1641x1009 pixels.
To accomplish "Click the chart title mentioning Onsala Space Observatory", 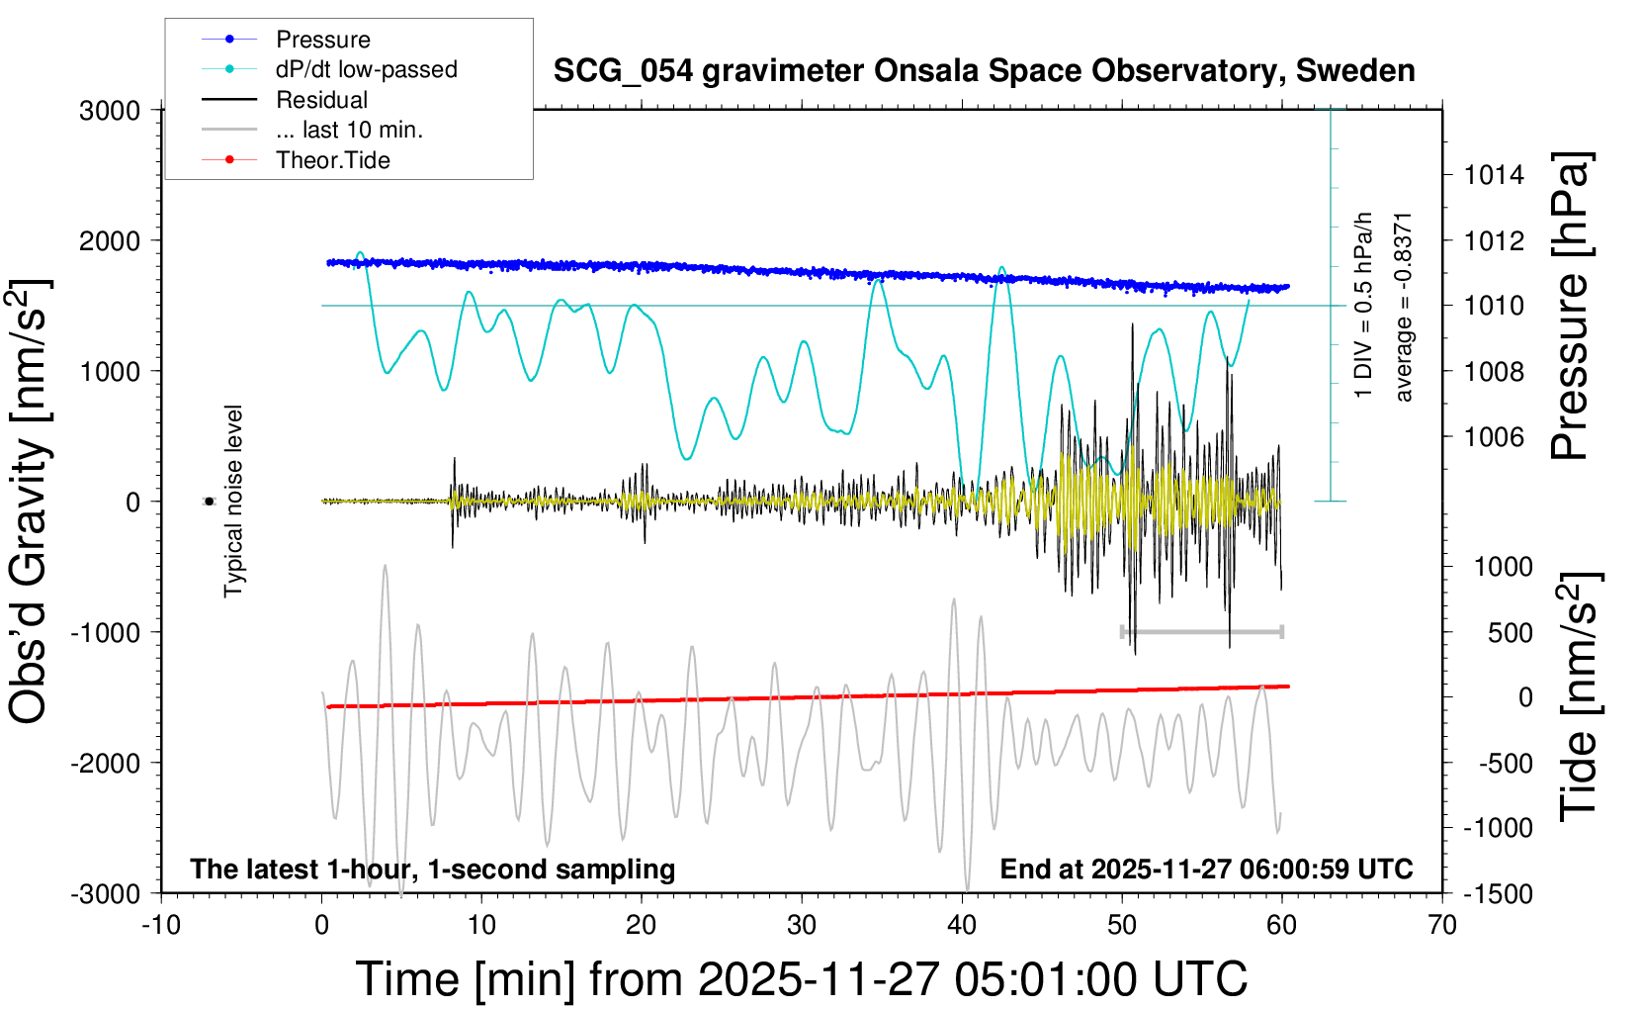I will (x=984, y=71).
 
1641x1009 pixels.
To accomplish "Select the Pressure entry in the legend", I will (x=322, y=40).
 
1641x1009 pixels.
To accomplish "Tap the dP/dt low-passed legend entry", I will (x=366, y=69).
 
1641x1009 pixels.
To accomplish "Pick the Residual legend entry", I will (x=321, y=100).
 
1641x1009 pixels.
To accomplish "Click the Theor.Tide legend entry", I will (x=332, y=160).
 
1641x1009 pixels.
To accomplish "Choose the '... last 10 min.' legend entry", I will (x=349, y=130).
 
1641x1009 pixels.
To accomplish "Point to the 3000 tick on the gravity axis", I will (x=110, y=111).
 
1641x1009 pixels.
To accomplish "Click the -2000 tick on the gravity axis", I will (x=105, y=763).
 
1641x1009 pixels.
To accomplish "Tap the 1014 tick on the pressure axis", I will (x=1494, y=176).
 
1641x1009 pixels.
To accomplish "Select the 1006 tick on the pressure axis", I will (x=1494, y=437).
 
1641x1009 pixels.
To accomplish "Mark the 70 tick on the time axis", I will (x=1442, y=926).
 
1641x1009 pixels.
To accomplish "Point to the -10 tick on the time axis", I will (x=161, y=926).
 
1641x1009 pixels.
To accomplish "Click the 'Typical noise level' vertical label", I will (x=233, y=502).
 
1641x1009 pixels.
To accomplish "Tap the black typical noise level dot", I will (x=209, y=502).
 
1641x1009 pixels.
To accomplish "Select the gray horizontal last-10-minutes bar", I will (x=1201, y=631).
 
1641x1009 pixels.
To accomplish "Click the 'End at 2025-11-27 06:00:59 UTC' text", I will (x=1206, y=870).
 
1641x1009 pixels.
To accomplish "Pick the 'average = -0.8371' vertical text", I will (x=1403, y=307).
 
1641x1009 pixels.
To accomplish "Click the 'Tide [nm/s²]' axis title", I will (x=1579, y=696).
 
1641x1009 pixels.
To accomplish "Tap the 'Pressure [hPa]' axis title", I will (x=1570, y=307).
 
